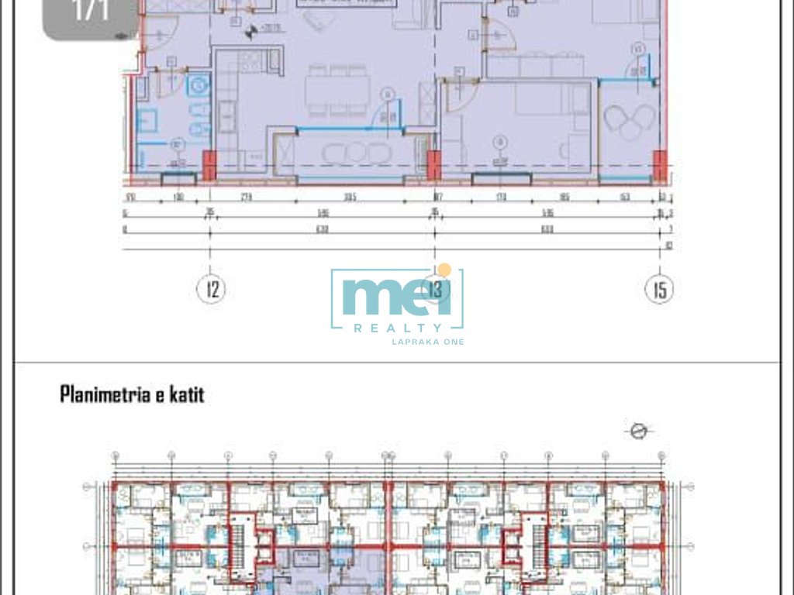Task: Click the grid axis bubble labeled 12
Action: [211, 290]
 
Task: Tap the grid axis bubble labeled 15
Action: [659, 290]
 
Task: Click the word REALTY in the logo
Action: [398, 328]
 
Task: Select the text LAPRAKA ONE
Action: [428, 342]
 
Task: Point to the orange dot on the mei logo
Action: [444, 270]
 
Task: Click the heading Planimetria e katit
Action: [132, 395]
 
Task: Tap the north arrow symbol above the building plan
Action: [639, 431]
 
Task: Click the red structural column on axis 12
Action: [209, 165]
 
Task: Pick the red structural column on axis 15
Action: [659, 165]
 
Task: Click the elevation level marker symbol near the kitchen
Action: [251, 31]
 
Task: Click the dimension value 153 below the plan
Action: [624, 198]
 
